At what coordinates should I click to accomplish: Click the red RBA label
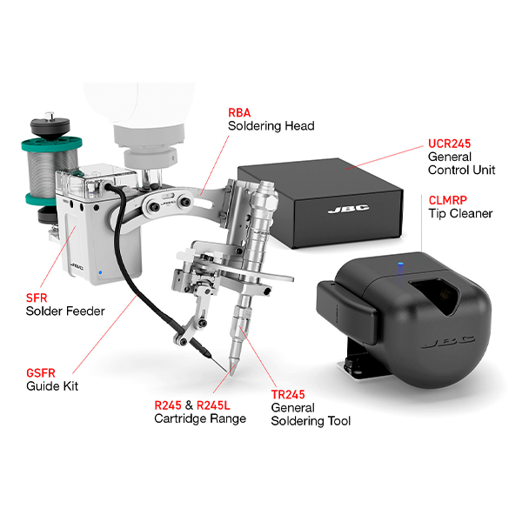click(239, 113)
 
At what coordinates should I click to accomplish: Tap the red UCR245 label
click(450, 144)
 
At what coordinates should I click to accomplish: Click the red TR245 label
click(287, 394)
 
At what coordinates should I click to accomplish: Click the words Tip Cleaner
click(460, 213)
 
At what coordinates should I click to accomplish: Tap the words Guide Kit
click(52, 385)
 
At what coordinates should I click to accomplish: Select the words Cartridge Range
click(201, 418)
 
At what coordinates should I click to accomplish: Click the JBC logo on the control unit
click(341, 210)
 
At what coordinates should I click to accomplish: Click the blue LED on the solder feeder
click(100, 272)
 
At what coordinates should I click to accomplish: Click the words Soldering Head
click(271, 126)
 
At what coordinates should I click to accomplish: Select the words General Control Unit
click(461, 163)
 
